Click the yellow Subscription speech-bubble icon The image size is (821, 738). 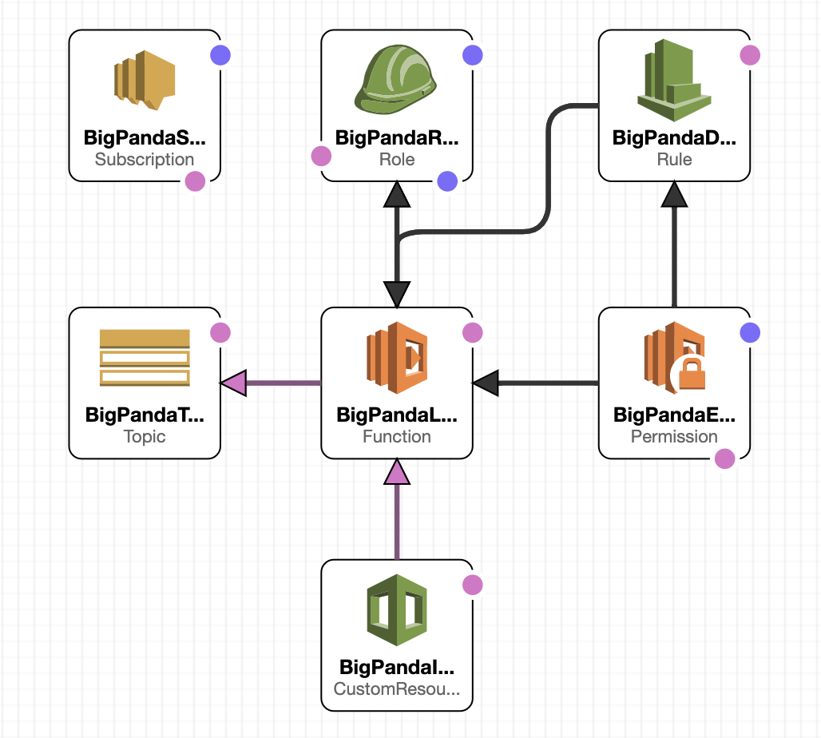click(x=144, y=80)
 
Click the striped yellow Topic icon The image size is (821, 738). click(x=145, y=357)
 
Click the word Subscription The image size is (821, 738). click(x=145, y=159)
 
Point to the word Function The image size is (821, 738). click(x=396, y=436)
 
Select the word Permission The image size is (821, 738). click(x=674, y=436)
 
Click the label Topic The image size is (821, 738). click(x=145, y=436)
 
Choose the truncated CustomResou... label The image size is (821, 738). click(x=396, y=688)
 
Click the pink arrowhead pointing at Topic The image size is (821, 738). click(x=232, y=383)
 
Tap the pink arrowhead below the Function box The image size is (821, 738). click(x=397, y=473)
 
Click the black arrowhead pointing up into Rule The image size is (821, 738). click(x=675, y=194)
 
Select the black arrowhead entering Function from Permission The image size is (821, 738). click(x=486, y=383)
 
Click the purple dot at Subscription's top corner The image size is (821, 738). click(x=220, y=55)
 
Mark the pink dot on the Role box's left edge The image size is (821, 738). click(x=321, y=156)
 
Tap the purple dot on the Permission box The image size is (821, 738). click(x=749, y=332)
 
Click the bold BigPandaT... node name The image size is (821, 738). click(x=145, y=415)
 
